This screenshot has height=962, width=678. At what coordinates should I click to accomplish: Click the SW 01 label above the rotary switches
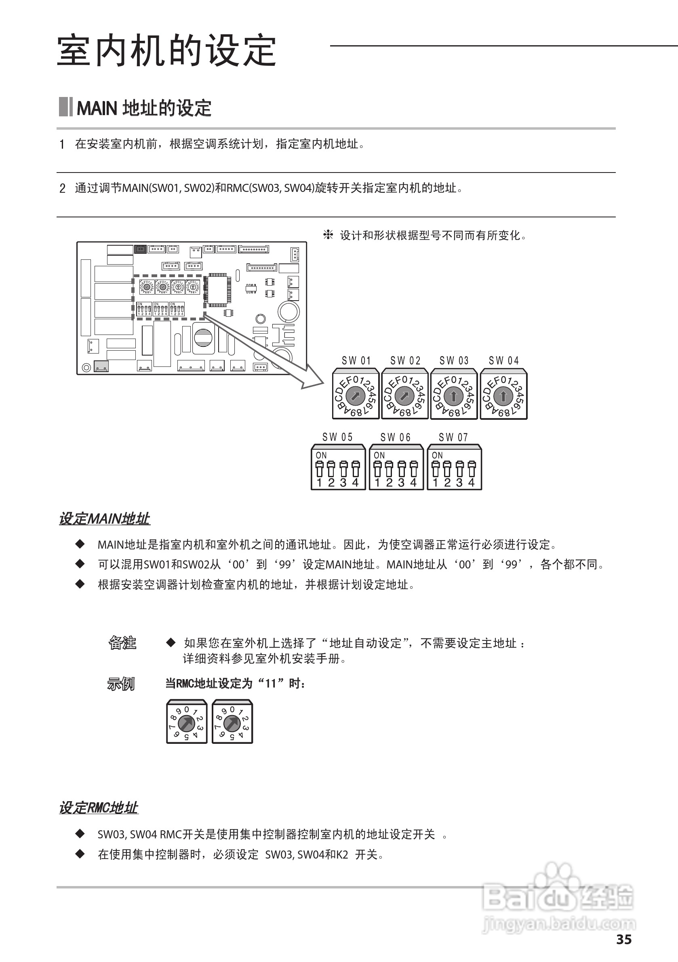point(356,361)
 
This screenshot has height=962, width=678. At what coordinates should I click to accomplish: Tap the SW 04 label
point(503,361)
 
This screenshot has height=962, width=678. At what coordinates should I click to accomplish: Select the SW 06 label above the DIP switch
point(395,438)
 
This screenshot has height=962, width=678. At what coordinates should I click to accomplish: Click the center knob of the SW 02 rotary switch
point(404,396)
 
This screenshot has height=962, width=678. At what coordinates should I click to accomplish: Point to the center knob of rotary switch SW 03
point(453,396)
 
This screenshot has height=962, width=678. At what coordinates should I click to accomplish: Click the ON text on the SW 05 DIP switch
point(321,455)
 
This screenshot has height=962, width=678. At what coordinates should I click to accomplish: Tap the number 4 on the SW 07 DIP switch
point(472,483)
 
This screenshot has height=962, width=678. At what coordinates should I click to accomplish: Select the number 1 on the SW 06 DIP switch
point(377,483)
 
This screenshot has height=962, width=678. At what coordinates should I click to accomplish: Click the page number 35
point(623,939)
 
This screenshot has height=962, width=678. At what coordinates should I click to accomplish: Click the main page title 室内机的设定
point(166,51)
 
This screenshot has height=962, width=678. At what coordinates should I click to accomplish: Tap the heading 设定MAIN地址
point(104,519)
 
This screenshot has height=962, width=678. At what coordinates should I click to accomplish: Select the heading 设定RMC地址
point(99,808)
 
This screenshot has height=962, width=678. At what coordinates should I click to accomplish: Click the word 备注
point(122,643)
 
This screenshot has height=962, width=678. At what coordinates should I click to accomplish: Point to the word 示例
point(121,684)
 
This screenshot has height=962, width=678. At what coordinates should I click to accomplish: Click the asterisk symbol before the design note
point(328,235)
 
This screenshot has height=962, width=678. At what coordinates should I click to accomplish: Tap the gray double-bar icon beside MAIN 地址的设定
point(66,107)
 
